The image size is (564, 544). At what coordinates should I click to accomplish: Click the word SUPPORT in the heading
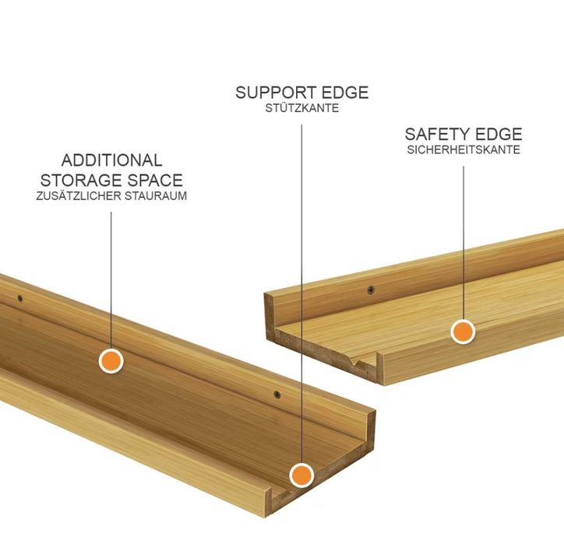click(x=276, y=93)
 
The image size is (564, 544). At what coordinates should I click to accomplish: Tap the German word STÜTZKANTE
click(x=302, y=108)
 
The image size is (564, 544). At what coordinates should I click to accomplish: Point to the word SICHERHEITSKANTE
click(x=464, y=149)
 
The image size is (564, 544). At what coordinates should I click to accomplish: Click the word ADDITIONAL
click(x=112, y=160)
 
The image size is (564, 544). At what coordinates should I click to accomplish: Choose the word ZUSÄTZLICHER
click(x=79, y=196)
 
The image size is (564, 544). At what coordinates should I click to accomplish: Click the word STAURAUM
click(x=156, y=196)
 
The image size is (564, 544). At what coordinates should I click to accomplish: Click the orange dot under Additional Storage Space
click(x=111, y=361)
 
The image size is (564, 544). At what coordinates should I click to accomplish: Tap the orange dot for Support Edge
click(x=301, y=476)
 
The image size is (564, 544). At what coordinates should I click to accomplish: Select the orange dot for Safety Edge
click(x=463, y=332)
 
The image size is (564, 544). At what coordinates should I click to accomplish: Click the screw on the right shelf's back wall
click(x=371, y=289)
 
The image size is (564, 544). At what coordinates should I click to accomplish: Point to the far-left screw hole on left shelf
click(x=20, y=298)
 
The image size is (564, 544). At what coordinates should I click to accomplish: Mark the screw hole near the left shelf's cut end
click(x=277, y=395)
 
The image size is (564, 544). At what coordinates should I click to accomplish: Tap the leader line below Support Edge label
click(x=301, y=294)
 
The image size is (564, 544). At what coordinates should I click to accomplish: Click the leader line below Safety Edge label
click(x=464, y=243)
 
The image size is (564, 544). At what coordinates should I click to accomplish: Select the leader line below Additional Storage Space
click(x=111, y=280)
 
